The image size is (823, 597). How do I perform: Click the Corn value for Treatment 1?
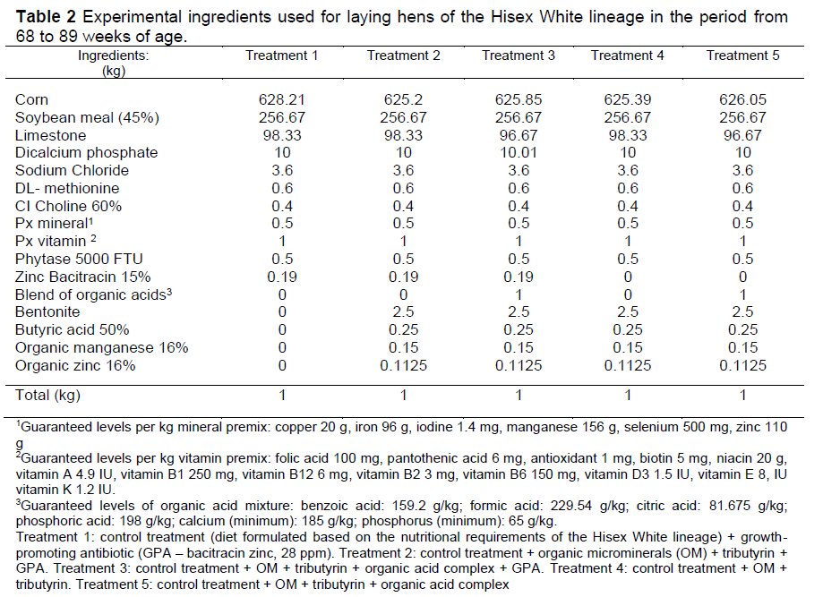pyautogui.click(x=281, y=99)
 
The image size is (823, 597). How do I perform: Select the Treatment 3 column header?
pyautogui.click(x=519, y=55)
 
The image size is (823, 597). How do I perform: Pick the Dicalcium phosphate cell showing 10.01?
pyautogui.click(x=519, y=153)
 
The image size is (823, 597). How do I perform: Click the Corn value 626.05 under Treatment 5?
pyautogui.click(x=742, y=99)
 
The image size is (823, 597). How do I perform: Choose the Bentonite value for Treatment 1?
pyautogui.click(x=281, y=311)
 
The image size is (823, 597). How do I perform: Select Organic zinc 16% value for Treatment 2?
pyautogui.click(x=403, y=365)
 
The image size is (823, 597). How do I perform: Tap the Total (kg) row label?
pyautogui.click(x=53, y=395)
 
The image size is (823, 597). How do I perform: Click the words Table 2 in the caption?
pyautogui.click(x=46, y=17)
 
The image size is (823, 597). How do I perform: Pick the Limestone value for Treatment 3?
pyautogui.click(x=519, y=135)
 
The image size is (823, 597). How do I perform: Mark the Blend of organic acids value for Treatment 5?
pyautogui.click(x=742, y=294)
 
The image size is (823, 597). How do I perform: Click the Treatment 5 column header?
pyautogui.click(x=742, y=55)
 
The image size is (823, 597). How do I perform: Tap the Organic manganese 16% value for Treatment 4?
pyautogui.click(x=627, y=347)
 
